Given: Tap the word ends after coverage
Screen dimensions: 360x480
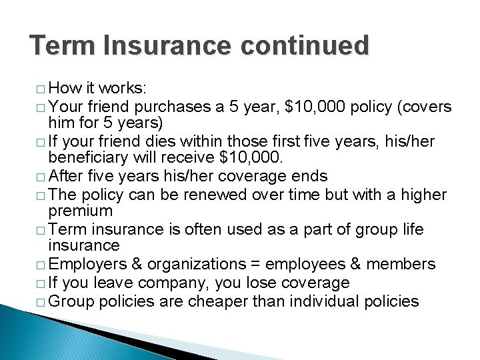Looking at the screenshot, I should coord(310,176).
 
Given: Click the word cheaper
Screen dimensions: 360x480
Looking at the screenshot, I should coord(217,301).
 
